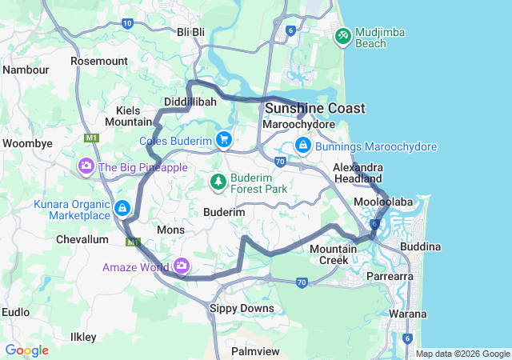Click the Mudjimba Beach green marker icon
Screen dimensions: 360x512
coord(343,36)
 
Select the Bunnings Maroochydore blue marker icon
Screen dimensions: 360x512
coord(302,146)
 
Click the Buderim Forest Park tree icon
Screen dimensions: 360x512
coord(218,183)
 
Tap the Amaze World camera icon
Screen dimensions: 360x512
coord(182,266)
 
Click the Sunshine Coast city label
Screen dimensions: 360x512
coord(314,108)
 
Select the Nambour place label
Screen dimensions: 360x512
coord(26,70)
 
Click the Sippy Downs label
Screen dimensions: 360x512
coord(241,308)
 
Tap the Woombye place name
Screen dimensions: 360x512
coord(27,143)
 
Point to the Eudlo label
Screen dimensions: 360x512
coord(16,311)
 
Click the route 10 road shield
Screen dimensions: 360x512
coord(128,23)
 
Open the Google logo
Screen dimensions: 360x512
coord(26,350)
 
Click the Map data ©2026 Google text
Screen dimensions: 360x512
coord(462,354)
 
